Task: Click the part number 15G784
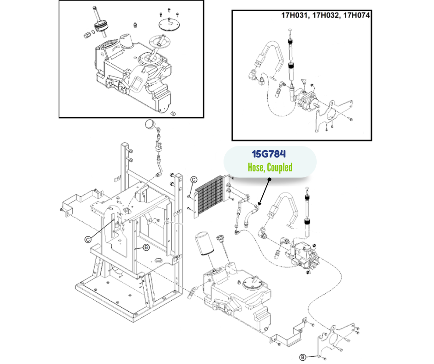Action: pyautogui.click(x=269, y=154)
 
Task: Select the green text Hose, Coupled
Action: pyautogui.click(x=270, y=167)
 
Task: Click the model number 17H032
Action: pyautogui.click(x=326, y=15)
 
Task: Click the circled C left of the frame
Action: pyautogui.click(x=87, y=239)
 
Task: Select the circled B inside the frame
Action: pyautogui.click(x=146, y=248)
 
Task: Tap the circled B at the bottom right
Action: pyautogui.click(x=302, y=357)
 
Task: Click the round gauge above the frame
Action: pyautogui.click(x=150, y=124)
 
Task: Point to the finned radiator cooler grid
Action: pyautogui.click(x=211, y=196)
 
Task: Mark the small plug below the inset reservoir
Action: pyautogui.click(x=174, y=113)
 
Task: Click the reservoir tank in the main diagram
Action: pyautogui.click(x=238, y=291)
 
